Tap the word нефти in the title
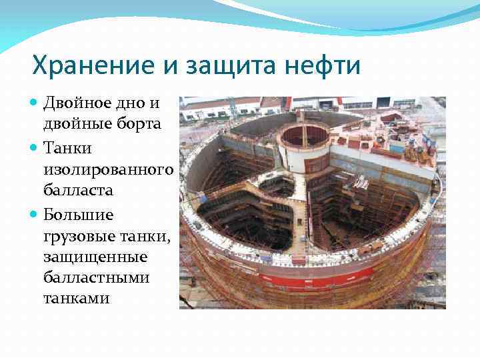point(325,67)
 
